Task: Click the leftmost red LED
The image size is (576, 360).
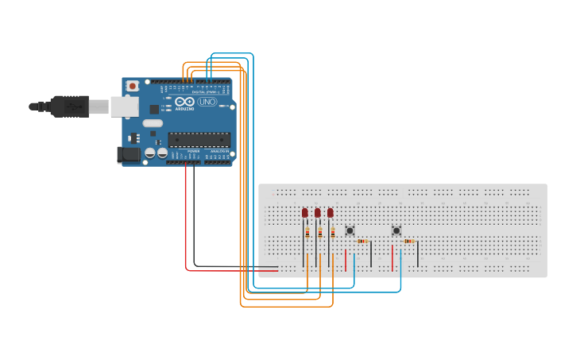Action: [x=305, y=213]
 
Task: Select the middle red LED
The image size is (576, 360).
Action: [x=318, y=213]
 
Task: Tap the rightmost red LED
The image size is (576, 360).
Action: [x=331, y=213]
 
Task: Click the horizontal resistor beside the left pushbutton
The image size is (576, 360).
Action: [x=362, y=241]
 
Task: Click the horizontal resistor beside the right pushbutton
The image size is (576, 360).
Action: [x=408, y=241]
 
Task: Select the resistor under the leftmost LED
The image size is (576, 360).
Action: [x=307, y=233]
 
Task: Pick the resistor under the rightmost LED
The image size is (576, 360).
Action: [x=333, y=233]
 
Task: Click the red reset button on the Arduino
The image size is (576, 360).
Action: [x=133, y=85]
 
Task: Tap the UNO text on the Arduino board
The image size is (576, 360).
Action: [x=207, y=102]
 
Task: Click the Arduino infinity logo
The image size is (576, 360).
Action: [x=185, y=102]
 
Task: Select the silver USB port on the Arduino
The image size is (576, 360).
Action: [x=124, y=106]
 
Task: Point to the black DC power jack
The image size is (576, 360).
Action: [x=128, y=154]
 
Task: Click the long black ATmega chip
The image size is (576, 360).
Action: [x=199, y=140]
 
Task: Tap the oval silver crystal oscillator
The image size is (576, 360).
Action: [x=153, y=123]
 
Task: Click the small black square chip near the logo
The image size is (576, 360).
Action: [x=154, y=109]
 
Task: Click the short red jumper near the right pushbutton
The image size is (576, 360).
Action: [x=392, y=257]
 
